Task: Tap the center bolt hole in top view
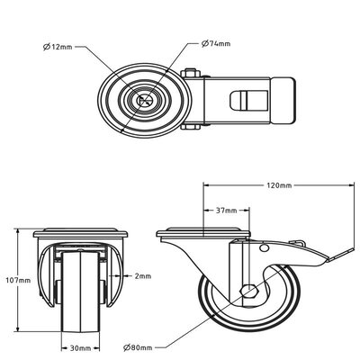click(x=142, y=101)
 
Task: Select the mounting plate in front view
click(x=82, y=233)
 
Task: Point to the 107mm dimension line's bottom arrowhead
click(x=17, y=329)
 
